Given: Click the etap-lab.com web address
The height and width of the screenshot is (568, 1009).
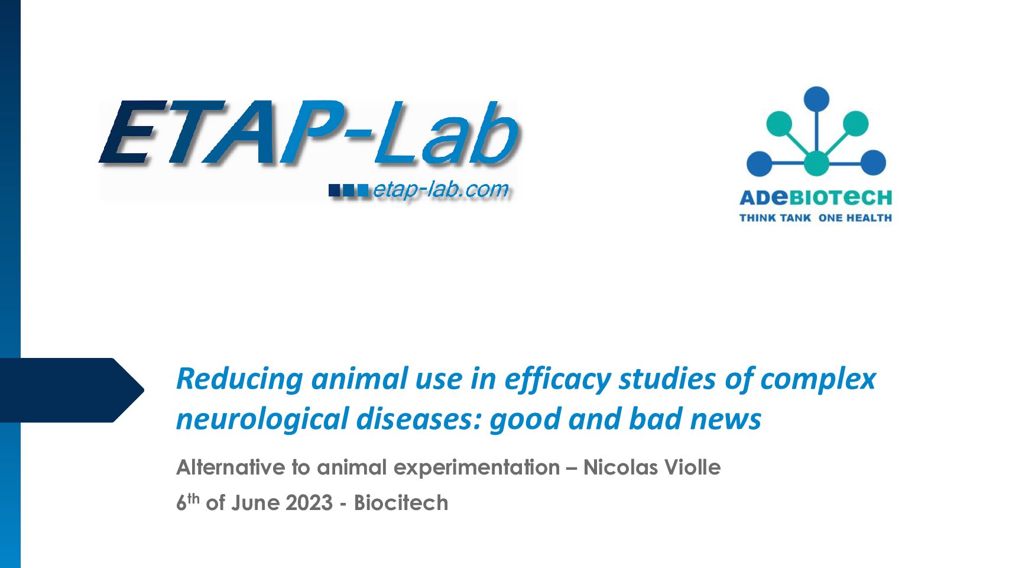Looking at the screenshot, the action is pyautogui.click(x=440, y=190).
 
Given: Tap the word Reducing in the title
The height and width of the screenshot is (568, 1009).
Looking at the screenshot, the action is pyautogui.click(x=239, y=380).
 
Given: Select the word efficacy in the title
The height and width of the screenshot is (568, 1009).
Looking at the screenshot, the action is pyautogui.click(x=557, y=380).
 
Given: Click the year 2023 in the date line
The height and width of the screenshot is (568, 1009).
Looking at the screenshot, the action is pyautogui.click(x=309, y=503).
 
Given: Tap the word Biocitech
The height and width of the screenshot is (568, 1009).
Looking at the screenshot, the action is pyautogui.click(x=401, y=503).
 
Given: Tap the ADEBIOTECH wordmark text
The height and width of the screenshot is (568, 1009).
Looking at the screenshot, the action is pyautogui.click(x=816, y=198).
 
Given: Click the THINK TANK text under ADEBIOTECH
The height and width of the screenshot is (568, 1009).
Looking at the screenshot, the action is pyautogui.click(x=775, y=218).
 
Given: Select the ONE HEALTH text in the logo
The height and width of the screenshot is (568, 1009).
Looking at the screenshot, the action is pyautogui.click(x=855, y=218).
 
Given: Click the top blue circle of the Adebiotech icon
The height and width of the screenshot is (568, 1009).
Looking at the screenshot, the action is pyautogui.click(x=816, y=99).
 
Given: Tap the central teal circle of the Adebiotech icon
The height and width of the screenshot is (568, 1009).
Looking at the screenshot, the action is pyautogui.click(x=816, y=163).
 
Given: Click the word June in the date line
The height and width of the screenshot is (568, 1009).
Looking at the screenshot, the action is pyautogui.click(x=257, y=503).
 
